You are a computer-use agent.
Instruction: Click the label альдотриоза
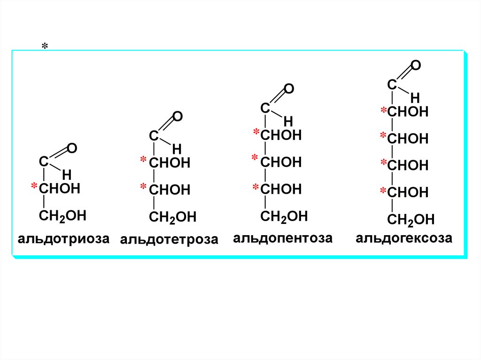(63, 238)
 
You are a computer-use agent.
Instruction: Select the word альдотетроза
(169, 239)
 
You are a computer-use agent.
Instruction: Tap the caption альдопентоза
(283, 238)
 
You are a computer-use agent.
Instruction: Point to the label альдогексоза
(404, 238)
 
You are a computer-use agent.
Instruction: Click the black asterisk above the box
(45, 46)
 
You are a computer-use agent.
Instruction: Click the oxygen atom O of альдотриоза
(72, 149)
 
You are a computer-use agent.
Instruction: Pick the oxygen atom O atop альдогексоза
(416, 65)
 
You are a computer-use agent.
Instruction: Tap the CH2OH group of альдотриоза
(63, 216)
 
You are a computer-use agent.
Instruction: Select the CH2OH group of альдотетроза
(172, 217)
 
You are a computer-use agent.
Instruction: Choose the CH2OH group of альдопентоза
(284, 216)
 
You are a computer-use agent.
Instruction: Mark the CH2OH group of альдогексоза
(411, 219)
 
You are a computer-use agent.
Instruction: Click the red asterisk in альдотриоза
(34, 187)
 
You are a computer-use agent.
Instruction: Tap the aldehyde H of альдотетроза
(177, 149)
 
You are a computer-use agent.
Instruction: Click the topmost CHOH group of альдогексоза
(408, 112)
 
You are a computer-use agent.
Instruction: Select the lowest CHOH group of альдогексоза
(408, 192)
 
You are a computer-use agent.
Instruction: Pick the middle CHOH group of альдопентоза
(281, 162)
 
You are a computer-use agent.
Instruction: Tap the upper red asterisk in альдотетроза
(143, 161)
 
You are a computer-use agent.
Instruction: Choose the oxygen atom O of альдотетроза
(178, 117)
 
